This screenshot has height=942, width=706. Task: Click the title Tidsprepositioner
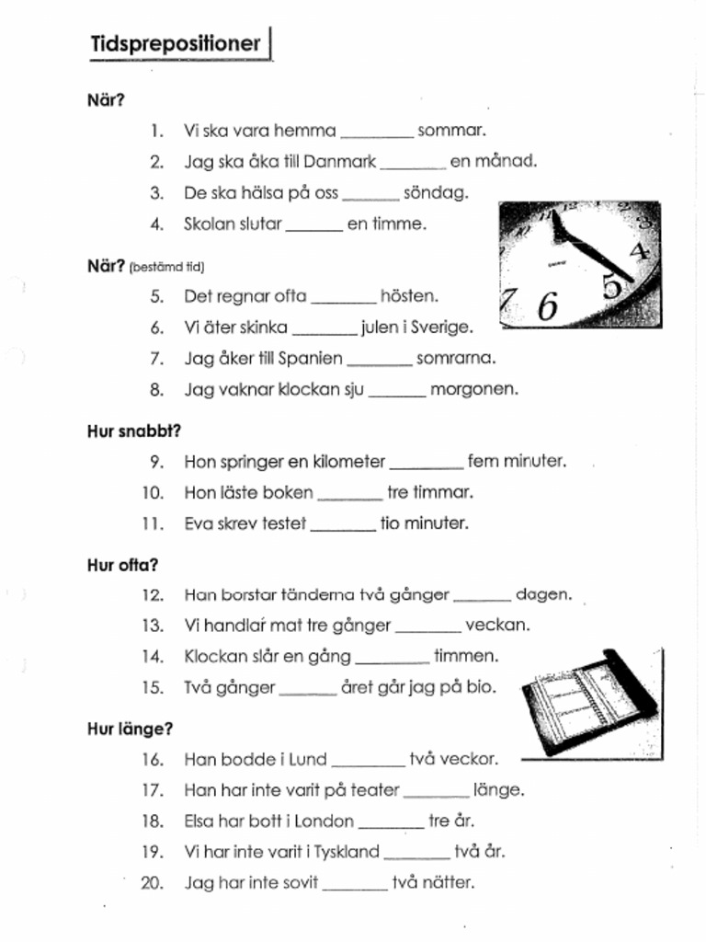[x=176, y=44]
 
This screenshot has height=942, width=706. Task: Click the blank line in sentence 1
[x=377, y=134]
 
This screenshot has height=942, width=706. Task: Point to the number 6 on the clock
[x=548, y=305]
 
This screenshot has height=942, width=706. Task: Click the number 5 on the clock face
[x=611, y=286]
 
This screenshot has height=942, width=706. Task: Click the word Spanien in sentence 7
[x=311, y=358]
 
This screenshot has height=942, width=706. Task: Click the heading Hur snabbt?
[x=134, y=431]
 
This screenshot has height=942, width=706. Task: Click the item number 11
[x=152, y=524]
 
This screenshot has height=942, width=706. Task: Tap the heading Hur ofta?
[x=122, y=566]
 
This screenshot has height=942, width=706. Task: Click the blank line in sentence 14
[x=392, y=661]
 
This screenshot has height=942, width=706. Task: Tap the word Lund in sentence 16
[x=308, y=760]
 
